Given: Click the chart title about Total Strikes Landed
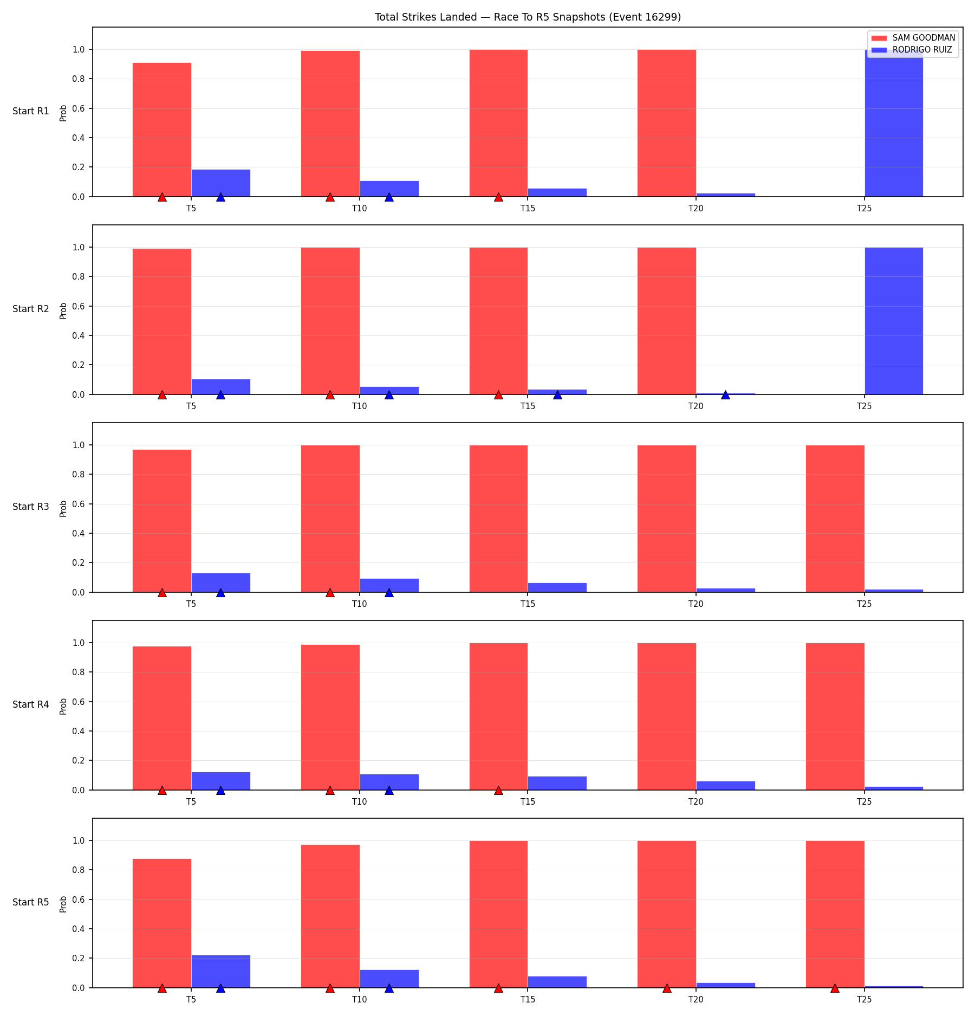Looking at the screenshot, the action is coord(528,17).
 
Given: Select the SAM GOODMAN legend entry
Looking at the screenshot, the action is coord(913,38).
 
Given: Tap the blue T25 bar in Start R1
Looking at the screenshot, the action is coord(894,123).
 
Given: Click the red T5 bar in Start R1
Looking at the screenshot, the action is coord(162,130).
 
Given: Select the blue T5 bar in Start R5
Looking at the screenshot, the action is coord(220,971).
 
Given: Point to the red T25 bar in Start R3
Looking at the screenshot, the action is coord(835,519).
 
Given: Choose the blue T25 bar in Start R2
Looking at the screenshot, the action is coord(894,321).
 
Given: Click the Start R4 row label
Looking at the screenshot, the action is coord(31,704).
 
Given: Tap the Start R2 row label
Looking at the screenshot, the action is coord(31,309).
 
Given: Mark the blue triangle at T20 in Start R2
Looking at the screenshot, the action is coord(725,394).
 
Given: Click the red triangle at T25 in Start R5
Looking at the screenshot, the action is coord(835,988).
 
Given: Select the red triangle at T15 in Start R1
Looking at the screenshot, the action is coord(498,197).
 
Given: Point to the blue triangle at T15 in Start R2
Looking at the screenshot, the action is coord(557,394).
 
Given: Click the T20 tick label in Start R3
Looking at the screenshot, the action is coord(696,604).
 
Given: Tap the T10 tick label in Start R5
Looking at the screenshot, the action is coord(360,999).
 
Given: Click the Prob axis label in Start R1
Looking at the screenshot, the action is coord(63,113).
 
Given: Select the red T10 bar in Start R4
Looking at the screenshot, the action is coord(330,717).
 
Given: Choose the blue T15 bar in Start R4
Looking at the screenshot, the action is coord(557,783).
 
